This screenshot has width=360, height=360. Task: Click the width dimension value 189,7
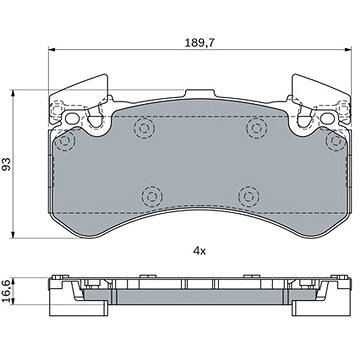tap(200, 43)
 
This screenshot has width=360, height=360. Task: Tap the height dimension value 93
tap(7, 164)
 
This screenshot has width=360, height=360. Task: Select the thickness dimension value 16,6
tap(7, 290)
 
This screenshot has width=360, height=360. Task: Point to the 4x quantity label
tap(199, 251)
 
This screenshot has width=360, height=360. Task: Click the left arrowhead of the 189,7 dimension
tap(52, 50)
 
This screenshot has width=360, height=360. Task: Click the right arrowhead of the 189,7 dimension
tap(348, 50)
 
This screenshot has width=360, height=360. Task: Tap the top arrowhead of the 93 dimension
tap(13, 93)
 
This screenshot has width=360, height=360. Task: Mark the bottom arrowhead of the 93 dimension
tap(13, 235)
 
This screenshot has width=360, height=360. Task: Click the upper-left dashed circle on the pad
tap(144, 128)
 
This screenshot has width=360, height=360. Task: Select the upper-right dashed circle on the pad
tap(256, 128)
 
